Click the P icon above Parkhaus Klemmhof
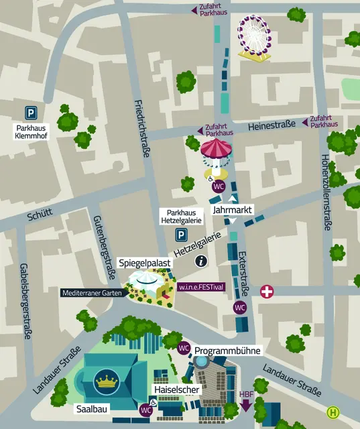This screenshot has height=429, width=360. (x=31, y=113)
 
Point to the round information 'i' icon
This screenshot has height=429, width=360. (x=200, y=262)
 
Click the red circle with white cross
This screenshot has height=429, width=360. (x=267, y=292)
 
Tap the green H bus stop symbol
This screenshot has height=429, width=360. (x=333, y=412)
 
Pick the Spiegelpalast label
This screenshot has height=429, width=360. (x=144, y=263)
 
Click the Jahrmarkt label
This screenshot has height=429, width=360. (x=232, y=210)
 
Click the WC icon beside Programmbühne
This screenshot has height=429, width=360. (x=184, y=348)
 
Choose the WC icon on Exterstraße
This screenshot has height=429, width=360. (x=239, y=307)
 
